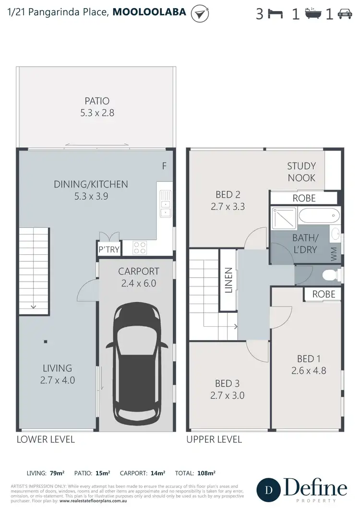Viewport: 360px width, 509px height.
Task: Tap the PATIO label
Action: (x=97, y=101)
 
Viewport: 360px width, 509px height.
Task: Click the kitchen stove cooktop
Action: (x=139, y=248)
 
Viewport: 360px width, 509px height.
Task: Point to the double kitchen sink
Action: (x=165, y=203)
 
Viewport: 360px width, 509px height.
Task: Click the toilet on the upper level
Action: (x=330, y=275)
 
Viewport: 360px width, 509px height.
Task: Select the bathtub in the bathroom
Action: (x=319, y=216)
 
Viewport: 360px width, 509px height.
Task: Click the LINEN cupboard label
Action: (x=228, y=282)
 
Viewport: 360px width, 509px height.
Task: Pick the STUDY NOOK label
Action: (x=301, y=172)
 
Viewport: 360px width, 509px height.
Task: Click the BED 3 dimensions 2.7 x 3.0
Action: (x=228, y=395)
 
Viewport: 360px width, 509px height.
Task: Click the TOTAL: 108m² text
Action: (x=198, y=473)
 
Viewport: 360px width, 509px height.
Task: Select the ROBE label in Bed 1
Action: (x=324, y=294)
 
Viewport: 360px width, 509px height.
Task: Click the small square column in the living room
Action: (x=46, y=342)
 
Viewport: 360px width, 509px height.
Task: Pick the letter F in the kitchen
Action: (x=164, y=166)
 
